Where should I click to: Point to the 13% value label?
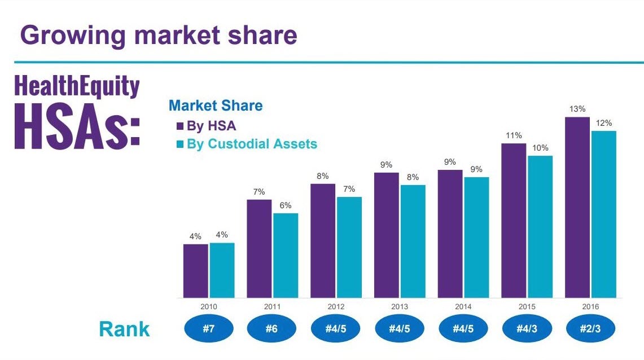(x=577, y=109)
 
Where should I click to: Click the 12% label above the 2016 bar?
(x=603, y=122)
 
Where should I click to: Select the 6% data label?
(x=285, y=205)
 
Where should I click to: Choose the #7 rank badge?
(x=208, y=329)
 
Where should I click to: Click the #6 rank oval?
(x=272, y=329)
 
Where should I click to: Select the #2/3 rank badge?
(x=590, y=329)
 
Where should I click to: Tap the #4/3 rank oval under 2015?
(x=526, y=329)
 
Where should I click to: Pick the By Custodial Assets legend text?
(x=252, y=144)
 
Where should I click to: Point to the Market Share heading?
(x=216, y=106)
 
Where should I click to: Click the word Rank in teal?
(x=124, y=329)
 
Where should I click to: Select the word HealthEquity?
(x=77, y=87)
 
